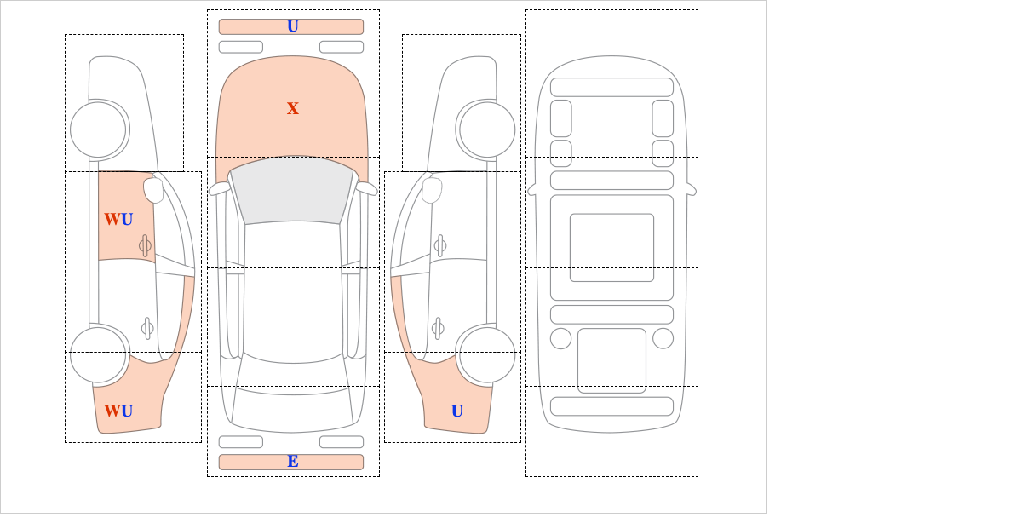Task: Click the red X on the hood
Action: point(293,109)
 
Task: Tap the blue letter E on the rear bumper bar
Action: point(293,462)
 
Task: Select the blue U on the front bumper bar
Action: point(293,26)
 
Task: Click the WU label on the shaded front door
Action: point(118,219)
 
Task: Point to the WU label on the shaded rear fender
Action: point(118,411)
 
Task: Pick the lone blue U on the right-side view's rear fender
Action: point(457,411)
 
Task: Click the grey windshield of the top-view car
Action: point(292,190)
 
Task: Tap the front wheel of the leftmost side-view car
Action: point(98,129)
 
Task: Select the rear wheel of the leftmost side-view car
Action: point(98,354)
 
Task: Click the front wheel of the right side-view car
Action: point(487,129)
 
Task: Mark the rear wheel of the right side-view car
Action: point(487,354)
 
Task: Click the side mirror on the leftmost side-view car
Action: point(153,190)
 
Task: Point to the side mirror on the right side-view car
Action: point(432,190)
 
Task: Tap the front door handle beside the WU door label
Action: point(145,246)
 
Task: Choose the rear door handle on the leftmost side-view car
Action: point(147,328)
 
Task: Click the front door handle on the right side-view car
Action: point(440,246)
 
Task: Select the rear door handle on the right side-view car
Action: point(438,328)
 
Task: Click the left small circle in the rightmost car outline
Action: point(560,338)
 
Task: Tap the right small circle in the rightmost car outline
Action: point(663,338)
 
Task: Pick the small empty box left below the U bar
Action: point(241,47)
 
